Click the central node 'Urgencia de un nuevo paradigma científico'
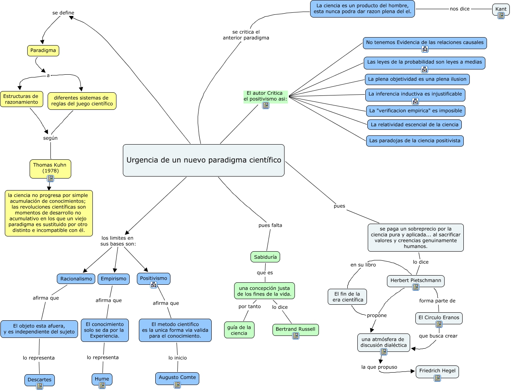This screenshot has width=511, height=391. [x=204, y=160]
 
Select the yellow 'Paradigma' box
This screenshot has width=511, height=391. [x=43, y=51]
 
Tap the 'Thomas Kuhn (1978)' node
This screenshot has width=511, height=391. [x=50, y=168]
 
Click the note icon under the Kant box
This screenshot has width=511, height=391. [x=501, y=16]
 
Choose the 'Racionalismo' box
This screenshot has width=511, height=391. [x=76, y=279]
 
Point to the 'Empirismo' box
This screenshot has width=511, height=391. [x=114, y=279]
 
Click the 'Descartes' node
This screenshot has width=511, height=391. [x=40, y=379]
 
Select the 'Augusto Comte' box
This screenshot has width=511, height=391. [x=177, y=377]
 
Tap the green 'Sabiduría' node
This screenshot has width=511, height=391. [x=265, y=257]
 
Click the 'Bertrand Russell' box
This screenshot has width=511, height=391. [x=295, y=329]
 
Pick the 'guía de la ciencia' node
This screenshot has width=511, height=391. [x=239, y=330]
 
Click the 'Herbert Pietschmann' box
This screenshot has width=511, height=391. [x=416, y=280]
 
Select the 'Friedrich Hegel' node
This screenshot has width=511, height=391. [x=437, y=371]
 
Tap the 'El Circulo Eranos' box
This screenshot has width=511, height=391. [x=439, y=318]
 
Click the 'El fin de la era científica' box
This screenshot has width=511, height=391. [x=348, y=297]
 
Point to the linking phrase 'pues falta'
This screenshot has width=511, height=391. [x=270, y=225]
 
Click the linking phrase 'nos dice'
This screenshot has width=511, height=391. [x=459, y=9]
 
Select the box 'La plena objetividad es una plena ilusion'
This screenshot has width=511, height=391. [x=417, y=79]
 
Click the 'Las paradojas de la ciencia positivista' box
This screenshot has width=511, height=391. [x=415, y=141]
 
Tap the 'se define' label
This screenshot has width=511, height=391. [x=63, y=13]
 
